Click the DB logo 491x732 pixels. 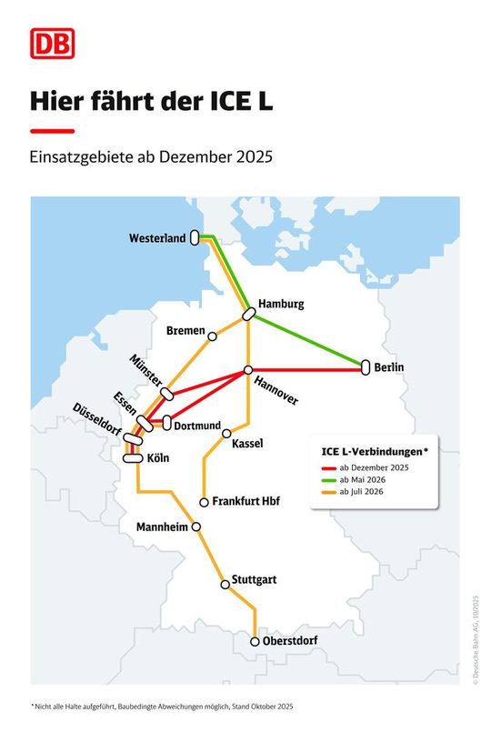click(49, 42)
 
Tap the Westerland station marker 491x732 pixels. click(194, 238)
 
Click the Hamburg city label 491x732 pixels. click(281, 304)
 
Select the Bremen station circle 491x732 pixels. click(213, 336)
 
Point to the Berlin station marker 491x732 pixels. click(366, 368)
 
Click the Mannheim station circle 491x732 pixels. click(195, 526)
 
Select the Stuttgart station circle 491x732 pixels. click(225, 584)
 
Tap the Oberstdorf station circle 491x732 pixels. click(255, 641)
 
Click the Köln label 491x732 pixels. click(159, 458)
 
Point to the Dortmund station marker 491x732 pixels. click(167, 423)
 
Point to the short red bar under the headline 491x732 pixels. click(52, 131)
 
